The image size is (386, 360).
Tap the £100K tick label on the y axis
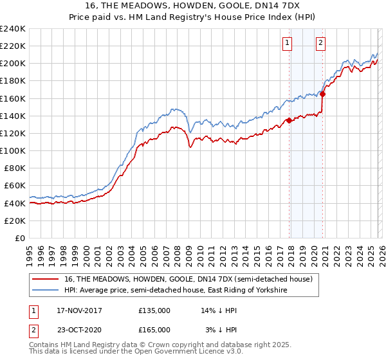pos(13,150)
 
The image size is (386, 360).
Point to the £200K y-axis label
pos(13,63)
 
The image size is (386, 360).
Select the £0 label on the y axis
pos(19,238)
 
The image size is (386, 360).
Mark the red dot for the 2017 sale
pos(289,120)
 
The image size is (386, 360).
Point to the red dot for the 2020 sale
pos(323,94)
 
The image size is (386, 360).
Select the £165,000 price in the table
pos(154,329)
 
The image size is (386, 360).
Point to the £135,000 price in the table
pos(154,310)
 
